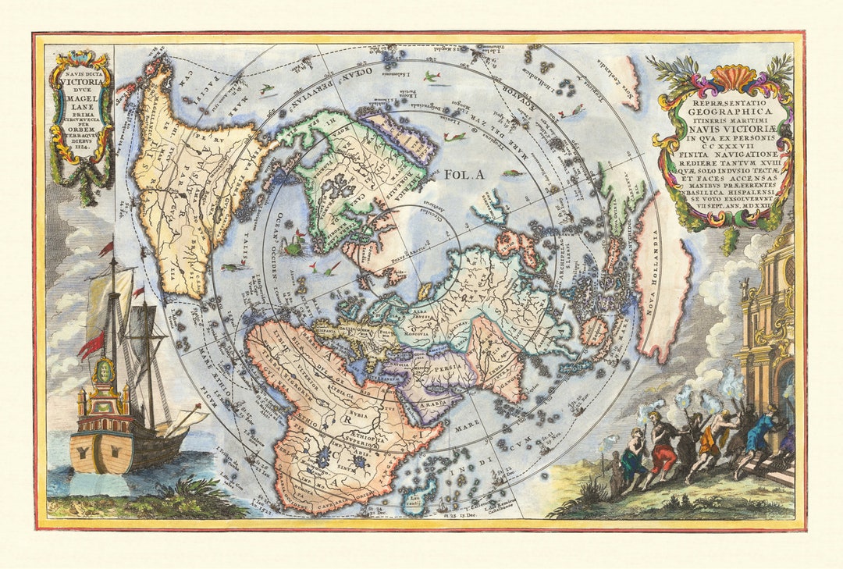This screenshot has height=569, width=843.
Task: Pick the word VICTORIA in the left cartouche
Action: point(80,88)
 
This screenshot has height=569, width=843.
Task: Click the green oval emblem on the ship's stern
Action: point(104,370)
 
